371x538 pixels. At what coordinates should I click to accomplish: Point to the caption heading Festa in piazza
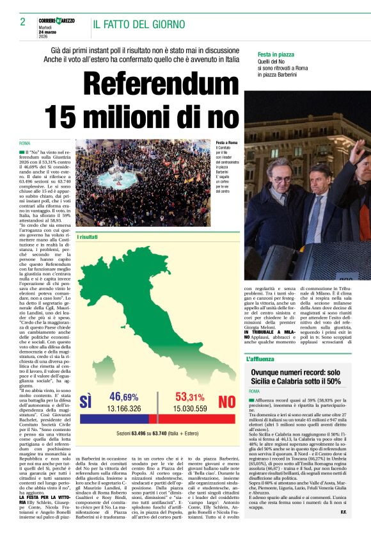[x=276, y=55]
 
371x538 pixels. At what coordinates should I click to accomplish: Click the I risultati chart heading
[x=88, y=237]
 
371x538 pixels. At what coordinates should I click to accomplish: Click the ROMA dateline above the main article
[x=25, y=143]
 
